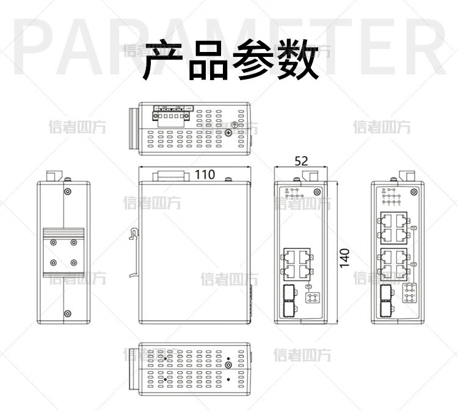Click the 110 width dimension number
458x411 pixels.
[205, 174]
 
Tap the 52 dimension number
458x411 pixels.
[301, 160]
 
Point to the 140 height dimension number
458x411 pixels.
[345, 257]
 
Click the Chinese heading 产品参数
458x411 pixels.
[230, 60]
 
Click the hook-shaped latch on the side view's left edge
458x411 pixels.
[133, 235]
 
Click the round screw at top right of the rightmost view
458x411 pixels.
[414, 192]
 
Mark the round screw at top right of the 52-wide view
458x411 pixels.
[317, 192]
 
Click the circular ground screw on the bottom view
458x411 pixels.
[229, 367]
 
